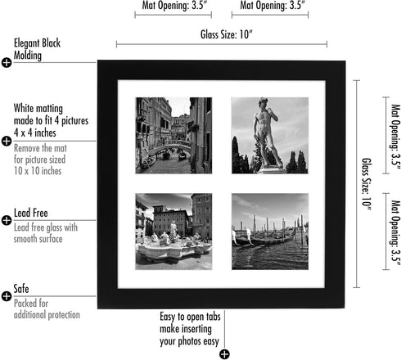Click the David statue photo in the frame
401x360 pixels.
pyautogui.click(x=269, y=135)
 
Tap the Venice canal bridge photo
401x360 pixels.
pyautogui.click(x=173, y=135)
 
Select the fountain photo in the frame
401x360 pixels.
pyautogui.click(x=173, y=232)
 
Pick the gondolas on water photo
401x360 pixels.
pyautogui.click(x=269, y=232)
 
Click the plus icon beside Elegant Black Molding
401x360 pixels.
pyautogui.click(x=7, y=62)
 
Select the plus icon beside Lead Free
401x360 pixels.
pyautogui.click(x=7, y=221)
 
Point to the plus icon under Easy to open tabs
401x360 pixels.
pyautogui.click(x=224, y=353)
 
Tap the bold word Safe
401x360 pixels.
pyautogui.click(x=22, y=289)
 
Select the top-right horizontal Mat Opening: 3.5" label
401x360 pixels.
pyautogui.click(x=269, y=5)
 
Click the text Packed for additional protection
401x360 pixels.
pyautogui.click(x=47, y=308)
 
